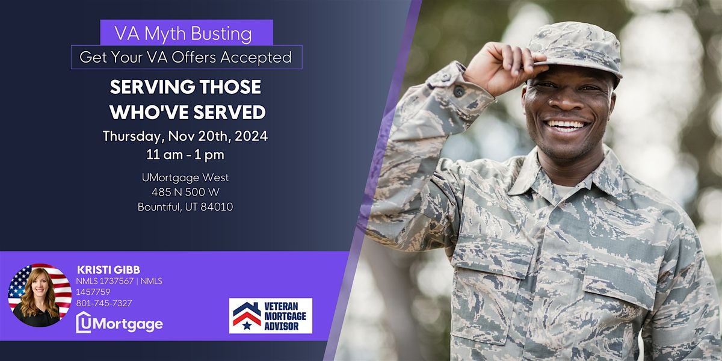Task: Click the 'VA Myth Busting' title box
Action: pos(187,32)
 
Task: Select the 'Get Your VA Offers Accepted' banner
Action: pos(187,57)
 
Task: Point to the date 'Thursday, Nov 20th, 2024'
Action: pos(185,136)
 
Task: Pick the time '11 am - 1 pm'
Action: pos(185,155)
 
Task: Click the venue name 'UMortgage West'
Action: pos(185,177)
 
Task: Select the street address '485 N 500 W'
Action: pos(185,192)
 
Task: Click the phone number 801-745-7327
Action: pos(104,303)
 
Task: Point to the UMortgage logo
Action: pos(119,324)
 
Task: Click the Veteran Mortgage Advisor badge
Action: pos(271,315)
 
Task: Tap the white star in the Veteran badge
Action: pos(247,325)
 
